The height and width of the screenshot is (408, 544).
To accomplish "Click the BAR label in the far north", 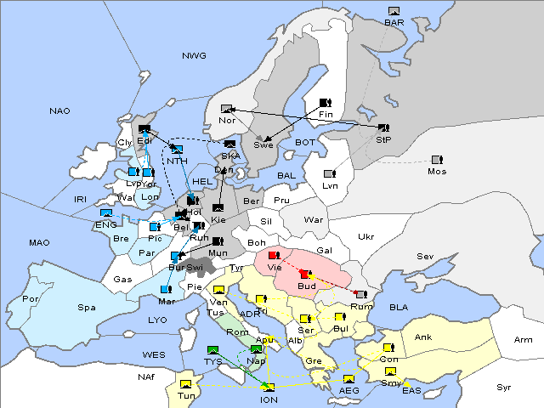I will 394,23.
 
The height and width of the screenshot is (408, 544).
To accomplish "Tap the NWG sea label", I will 194,55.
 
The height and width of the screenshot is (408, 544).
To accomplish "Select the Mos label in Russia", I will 437,171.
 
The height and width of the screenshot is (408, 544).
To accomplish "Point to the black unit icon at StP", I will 383,128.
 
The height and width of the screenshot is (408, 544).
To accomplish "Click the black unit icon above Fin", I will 324,102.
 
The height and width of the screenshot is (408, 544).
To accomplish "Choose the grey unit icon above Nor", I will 226,109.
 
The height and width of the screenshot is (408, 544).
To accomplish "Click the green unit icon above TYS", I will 212,349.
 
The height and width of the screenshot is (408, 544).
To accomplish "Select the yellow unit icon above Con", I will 388,348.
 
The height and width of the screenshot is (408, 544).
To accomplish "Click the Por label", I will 31,299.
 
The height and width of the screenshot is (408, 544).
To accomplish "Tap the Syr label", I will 504,387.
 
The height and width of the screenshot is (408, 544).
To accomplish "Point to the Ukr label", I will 365,236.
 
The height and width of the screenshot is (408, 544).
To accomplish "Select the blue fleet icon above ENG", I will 106,213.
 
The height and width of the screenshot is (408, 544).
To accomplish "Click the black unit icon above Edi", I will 144,128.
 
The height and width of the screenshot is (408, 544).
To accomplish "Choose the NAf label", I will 147,375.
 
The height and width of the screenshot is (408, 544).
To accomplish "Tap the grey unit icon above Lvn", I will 329,174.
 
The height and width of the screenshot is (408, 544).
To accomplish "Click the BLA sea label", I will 399,306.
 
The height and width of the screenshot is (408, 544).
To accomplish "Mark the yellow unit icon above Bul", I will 340,317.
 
